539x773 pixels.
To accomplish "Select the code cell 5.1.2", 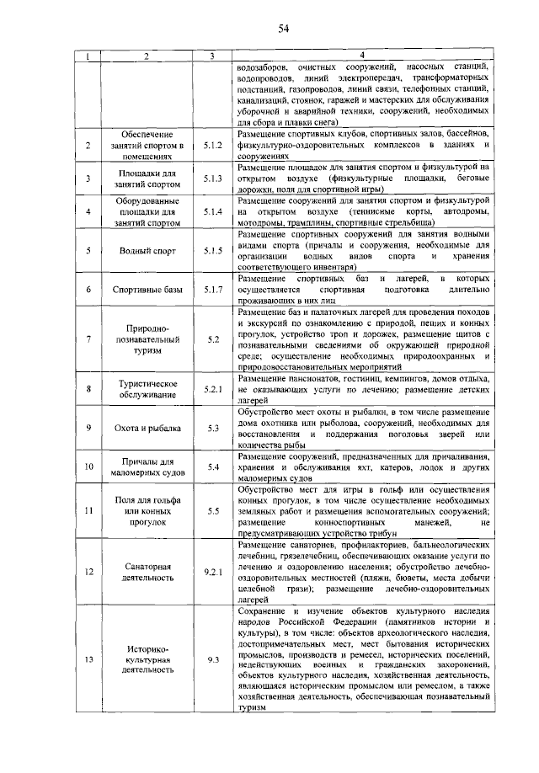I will coord(212,145).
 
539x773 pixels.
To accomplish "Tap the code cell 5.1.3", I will coord(212,179).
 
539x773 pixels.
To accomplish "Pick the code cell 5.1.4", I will coord(212,211).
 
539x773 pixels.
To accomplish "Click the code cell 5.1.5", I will coord(212,250).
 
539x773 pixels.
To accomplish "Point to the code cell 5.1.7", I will coord(212,290).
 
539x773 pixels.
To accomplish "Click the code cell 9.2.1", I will coord(212,573).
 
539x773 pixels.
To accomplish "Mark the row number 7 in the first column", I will coord(88,339).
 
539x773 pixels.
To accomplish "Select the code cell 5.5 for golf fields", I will coord(212,510).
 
